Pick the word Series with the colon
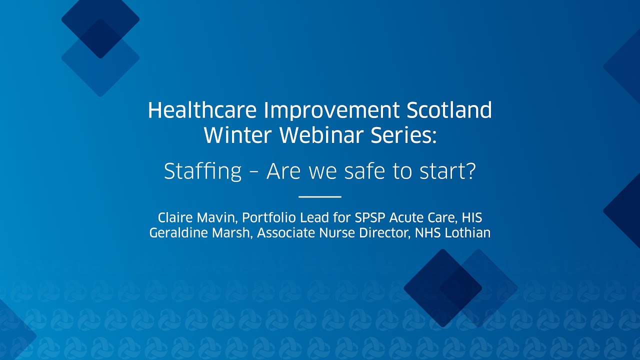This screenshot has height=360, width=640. (405, 135)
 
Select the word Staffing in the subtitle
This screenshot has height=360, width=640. (202, 172)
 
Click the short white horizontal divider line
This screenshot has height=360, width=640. (319, 197)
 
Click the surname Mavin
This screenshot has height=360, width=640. (213, 218)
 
